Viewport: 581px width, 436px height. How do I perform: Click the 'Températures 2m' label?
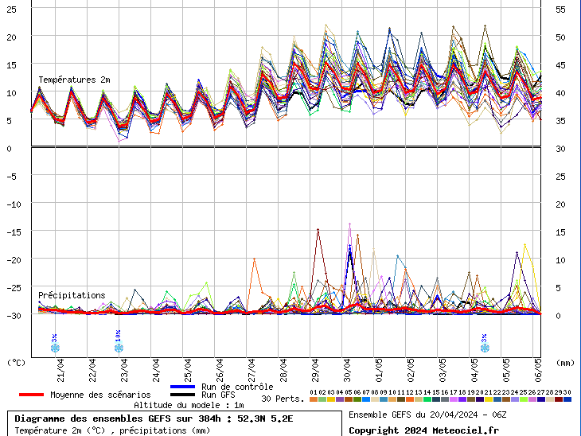pyautogui.click(x=74, y=80)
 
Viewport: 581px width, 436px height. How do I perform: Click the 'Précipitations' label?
pyautogui.click(x=72, y=295)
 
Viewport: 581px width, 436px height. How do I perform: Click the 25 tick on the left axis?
pyautogui.click(x=11, y=9)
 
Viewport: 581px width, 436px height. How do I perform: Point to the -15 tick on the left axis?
pyautogui.click(x=11, y=232)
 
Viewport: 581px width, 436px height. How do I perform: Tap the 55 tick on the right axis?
pyautogui.click(x=560, y=9)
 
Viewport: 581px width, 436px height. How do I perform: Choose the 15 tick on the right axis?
pyautogui.click(x=560, y=232)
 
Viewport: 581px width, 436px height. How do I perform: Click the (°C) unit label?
pyautogui.click(x=16, y=362)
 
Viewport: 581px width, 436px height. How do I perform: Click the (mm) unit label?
pyautogui.click(x=565, y=362)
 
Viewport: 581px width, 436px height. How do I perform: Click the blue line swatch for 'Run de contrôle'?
pyautogui.click(x=182, y=387)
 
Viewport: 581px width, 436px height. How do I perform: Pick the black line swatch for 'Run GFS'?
pyautogui.click(x=182, y=395)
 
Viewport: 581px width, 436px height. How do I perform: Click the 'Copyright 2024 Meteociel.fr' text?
pyautogui.click(x=423, y=430)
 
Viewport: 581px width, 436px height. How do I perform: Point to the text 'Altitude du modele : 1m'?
pyautogui.click(x=189, y=405)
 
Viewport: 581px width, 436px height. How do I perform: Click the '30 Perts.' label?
pyautogui.click(x=283, y=399)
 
